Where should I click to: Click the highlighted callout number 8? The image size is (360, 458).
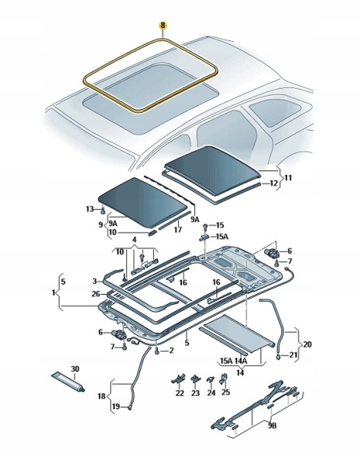(163, 25)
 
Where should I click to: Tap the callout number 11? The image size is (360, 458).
(288, 177)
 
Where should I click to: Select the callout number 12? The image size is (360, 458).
(274, 184)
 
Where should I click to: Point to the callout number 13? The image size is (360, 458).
(90, 209)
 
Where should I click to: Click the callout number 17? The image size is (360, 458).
(177, 230)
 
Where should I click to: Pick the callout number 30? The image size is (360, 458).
(75, 369)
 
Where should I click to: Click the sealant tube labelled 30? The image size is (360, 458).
(68, 382)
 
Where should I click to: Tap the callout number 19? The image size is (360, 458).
(116, 407)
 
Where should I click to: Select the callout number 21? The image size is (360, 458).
(293, 355)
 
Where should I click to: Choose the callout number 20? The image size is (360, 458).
(307, 344)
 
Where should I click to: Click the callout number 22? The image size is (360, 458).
(180, 393)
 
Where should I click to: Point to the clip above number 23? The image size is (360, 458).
(195, 379)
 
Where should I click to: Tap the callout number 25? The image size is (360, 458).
(225, 392)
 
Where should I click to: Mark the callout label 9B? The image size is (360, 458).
(272, 426)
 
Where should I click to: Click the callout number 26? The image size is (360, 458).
(96, 294)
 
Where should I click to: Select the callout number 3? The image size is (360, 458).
(95, 281)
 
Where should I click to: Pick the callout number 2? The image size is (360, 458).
(171, 350)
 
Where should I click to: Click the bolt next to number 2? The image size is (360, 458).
(157, 351)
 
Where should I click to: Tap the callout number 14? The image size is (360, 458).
(240, 373)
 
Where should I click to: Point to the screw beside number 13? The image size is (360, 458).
(103, 209)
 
